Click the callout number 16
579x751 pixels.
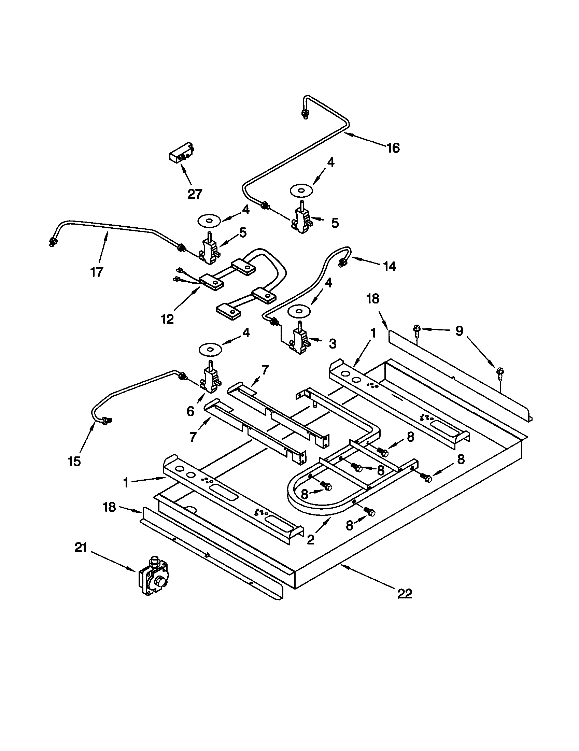(x=393, y=148)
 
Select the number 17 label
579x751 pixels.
(x=97, y=272)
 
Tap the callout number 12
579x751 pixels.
(x=167, y=320)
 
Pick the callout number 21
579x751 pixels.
(x=81, y=548)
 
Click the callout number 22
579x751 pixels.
(x=405, y=594)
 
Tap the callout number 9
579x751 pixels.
(x=460, y=331)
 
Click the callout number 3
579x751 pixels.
(x=332, y=343)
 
